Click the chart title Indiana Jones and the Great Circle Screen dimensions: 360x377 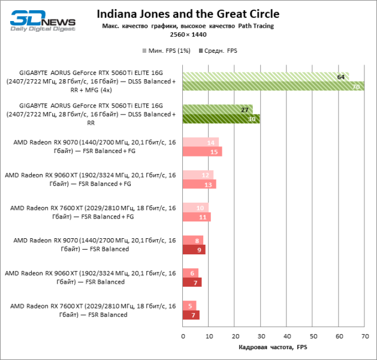[188, 14]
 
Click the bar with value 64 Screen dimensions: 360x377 [266, 77]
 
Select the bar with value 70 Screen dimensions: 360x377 [273, 86]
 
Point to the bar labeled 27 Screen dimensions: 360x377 [218, 110]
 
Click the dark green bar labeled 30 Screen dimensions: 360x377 [221, 119]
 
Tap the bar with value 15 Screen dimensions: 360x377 [202, 152]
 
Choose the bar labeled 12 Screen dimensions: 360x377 [198, 175]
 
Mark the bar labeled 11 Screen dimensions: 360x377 [197, 217]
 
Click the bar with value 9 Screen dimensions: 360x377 [194, 250]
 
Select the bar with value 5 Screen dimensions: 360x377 [189, 305]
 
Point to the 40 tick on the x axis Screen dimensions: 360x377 [286, 337]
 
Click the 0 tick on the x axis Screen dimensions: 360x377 [183, 337]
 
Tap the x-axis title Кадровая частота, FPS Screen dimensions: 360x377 [273, 348]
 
